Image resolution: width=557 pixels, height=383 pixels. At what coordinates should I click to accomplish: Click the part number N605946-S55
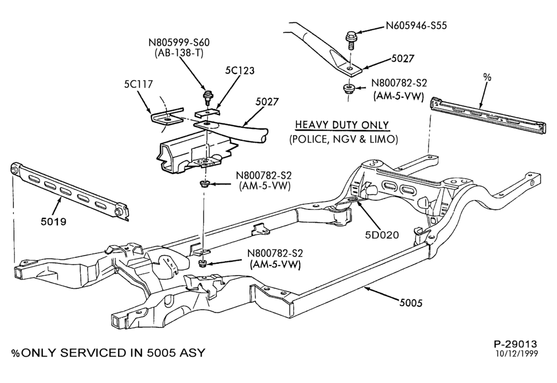point(416,26)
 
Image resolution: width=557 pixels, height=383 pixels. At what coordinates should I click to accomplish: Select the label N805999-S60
point(179,43)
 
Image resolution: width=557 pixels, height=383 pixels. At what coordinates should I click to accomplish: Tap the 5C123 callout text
point(240,70)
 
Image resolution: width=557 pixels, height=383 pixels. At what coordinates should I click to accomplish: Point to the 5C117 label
point(138,84)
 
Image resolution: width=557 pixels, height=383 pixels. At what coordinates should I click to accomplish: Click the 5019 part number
point(53,222)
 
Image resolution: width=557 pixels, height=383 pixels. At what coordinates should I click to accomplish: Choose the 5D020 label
point(382,234)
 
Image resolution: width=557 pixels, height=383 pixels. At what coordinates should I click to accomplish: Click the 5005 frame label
point(411,303)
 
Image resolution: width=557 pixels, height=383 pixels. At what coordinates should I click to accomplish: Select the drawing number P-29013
point(515,343)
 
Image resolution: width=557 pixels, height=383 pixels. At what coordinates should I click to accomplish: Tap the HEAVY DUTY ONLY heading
point(343,125)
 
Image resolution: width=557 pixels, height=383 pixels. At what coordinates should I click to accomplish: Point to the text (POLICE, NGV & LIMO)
point(344,139)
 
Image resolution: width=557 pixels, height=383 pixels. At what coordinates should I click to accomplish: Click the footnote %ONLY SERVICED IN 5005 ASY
point(109,353)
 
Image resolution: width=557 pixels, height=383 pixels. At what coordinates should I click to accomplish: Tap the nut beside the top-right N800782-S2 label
point(349,89)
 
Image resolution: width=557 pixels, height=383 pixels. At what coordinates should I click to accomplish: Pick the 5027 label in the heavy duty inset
point(403,58)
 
